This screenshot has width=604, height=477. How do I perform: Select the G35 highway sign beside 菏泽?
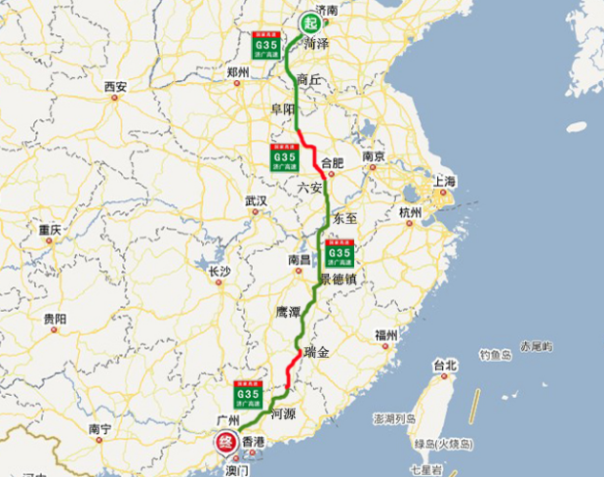(265, 47)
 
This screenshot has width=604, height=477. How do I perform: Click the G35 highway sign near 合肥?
(284, 156)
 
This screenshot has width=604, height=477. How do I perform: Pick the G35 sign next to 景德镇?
(339, 256)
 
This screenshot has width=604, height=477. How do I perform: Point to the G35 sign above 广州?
(249, 397)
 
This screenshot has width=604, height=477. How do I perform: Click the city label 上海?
(445, 182)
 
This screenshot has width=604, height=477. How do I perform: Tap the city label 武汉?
(256, 201)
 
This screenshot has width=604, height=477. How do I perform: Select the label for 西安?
(115, 87)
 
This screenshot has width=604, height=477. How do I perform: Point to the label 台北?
(445, 367)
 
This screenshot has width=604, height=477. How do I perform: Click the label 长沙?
(219, 271)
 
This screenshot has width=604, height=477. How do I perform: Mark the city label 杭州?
(410, 212)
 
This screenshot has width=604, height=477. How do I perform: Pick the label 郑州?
(238, 72)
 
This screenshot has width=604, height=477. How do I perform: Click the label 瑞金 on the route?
(317, 351)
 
